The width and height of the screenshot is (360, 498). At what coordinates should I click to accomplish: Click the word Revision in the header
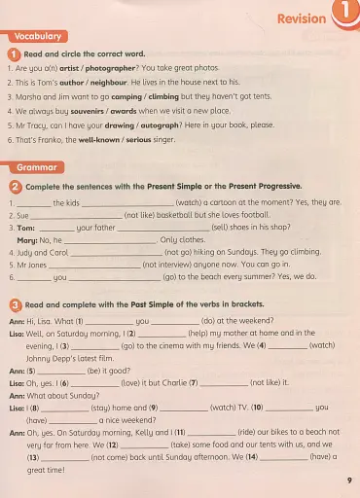[x=301, y=18]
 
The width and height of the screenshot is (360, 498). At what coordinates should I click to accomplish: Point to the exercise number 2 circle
[x=16, y=186]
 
